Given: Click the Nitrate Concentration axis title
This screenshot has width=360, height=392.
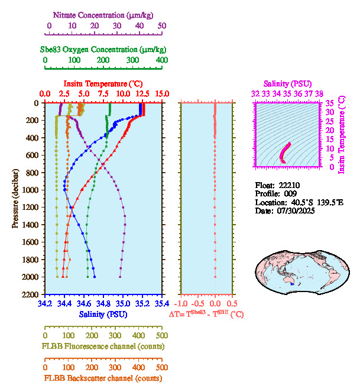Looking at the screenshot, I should pyautogui.click(x=105, y=14).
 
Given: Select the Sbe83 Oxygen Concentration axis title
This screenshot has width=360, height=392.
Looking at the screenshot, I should pyautogui.click(x=105, y=50).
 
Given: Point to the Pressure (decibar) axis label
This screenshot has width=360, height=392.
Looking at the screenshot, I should pyautogui.click(x=15, y=198).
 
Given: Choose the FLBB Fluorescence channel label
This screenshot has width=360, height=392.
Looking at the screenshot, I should pyautogui.click(x=103, y=346).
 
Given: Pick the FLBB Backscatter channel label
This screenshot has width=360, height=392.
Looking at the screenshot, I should pyautogui.click(x=103, y=378).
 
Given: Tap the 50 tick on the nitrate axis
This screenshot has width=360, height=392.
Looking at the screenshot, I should pyautogui.click(x=162, y=25).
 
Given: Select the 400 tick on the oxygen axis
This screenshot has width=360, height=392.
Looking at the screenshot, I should pyautogui.click(x=162, y=60).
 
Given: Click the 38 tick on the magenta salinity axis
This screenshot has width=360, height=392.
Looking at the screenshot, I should pyautogui.click(x=319, y=93).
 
